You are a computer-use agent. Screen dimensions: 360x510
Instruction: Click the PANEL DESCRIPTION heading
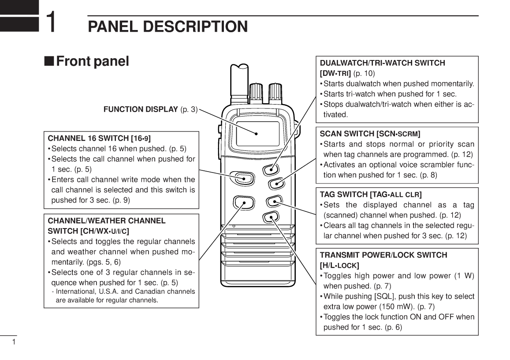[168, 26]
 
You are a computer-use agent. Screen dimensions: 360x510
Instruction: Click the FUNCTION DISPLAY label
[140, 109]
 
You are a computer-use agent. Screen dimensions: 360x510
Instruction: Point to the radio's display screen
[257, 133]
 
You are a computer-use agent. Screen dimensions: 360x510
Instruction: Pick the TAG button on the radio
[274, 202]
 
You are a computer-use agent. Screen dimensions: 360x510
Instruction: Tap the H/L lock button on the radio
[270, 216]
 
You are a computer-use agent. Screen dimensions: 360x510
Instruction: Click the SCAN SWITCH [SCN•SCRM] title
[370, 134]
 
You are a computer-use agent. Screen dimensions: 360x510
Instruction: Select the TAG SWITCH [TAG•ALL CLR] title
[370, 194]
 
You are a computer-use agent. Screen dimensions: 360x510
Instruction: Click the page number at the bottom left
[14, 342]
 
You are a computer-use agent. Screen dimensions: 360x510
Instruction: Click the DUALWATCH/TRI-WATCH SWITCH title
[382, 63]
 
